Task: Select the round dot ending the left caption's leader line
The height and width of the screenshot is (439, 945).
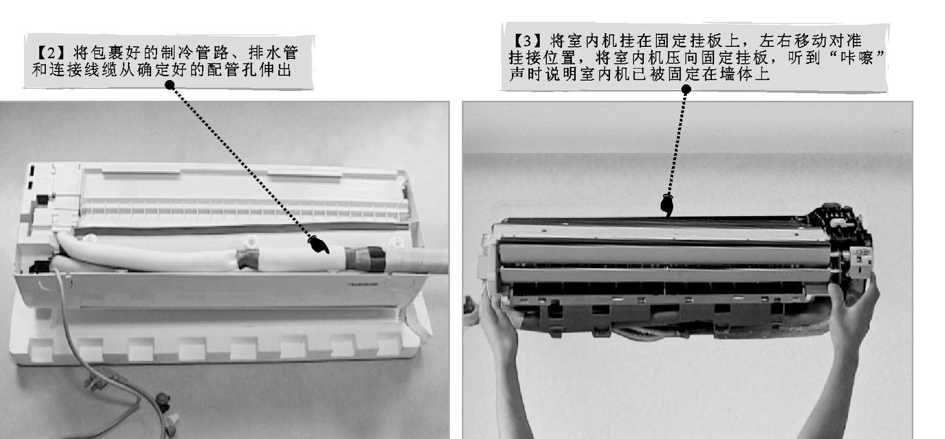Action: [170, 85]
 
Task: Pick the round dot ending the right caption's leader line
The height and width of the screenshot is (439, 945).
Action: [686, 89]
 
